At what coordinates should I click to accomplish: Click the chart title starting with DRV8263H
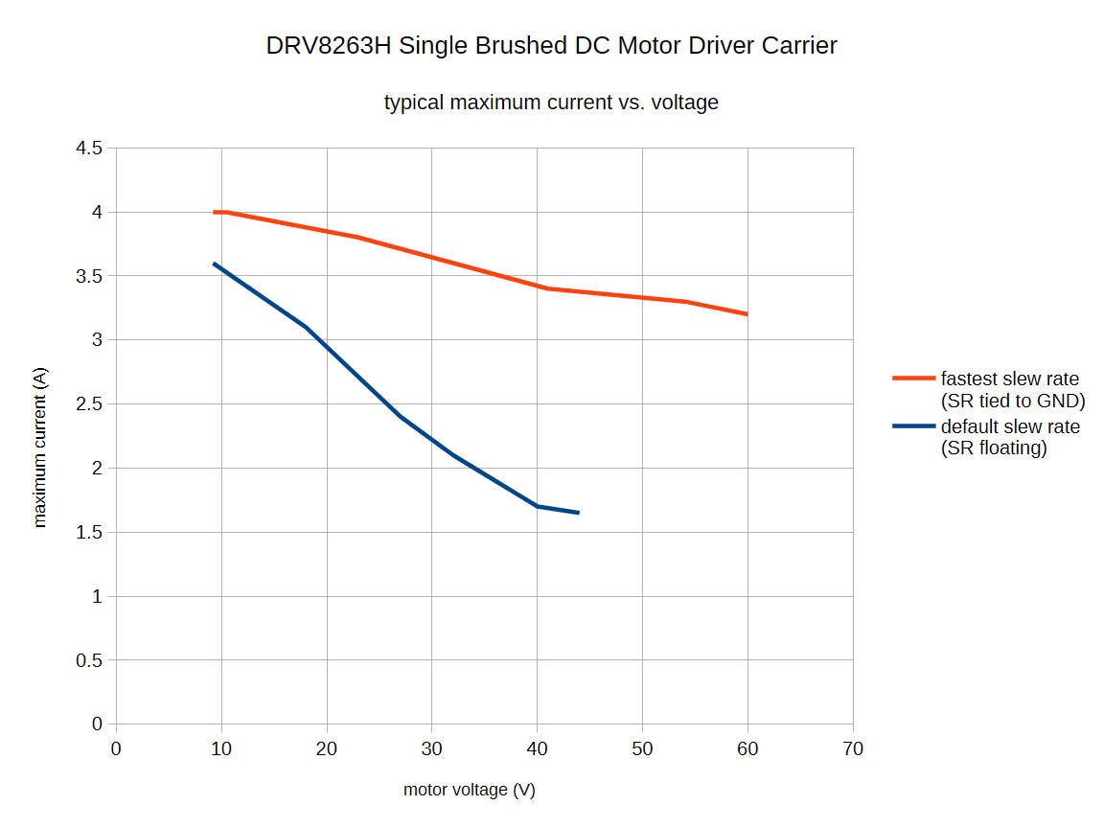pyautogui.click(x=551, y=46)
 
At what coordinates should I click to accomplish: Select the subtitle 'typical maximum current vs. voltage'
pyautogui.click(x=551, y=103)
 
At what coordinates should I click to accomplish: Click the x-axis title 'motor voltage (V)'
pyautogui.click(x=469, y=790)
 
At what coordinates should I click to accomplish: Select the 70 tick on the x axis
pyautogui.click(x=852, y=748)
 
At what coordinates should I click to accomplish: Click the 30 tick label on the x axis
pyautogui.click(x=431, y=748)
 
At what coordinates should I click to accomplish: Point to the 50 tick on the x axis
pyautogui.click(x=642, y=748)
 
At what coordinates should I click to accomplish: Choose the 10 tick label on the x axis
pyautogui.click(x=221, y=748)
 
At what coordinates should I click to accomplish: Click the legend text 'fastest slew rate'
pyautogui.click(x=1009, y=379)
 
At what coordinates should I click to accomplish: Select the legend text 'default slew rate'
pyautogui.click(x=1010, y=426)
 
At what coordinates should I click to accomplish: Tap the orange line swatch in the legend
pyautogui.click(x=913, y=379)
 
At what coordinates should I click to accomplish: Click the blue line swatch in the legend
pyautogui.click(x=913, y=426)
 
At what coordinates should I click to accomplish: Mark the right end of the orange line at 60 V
pyautogui.click(x=746, y=313)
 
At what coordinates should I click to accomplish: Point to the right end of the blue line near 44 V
pyautogui.click(x=578, y=513)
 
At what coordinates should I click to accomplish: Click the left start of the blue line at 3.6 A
pyautogui.click(x=215, y=264)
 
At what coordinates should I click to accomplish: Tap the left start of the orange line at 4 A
pyautogui.click(x=216, y=212)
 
